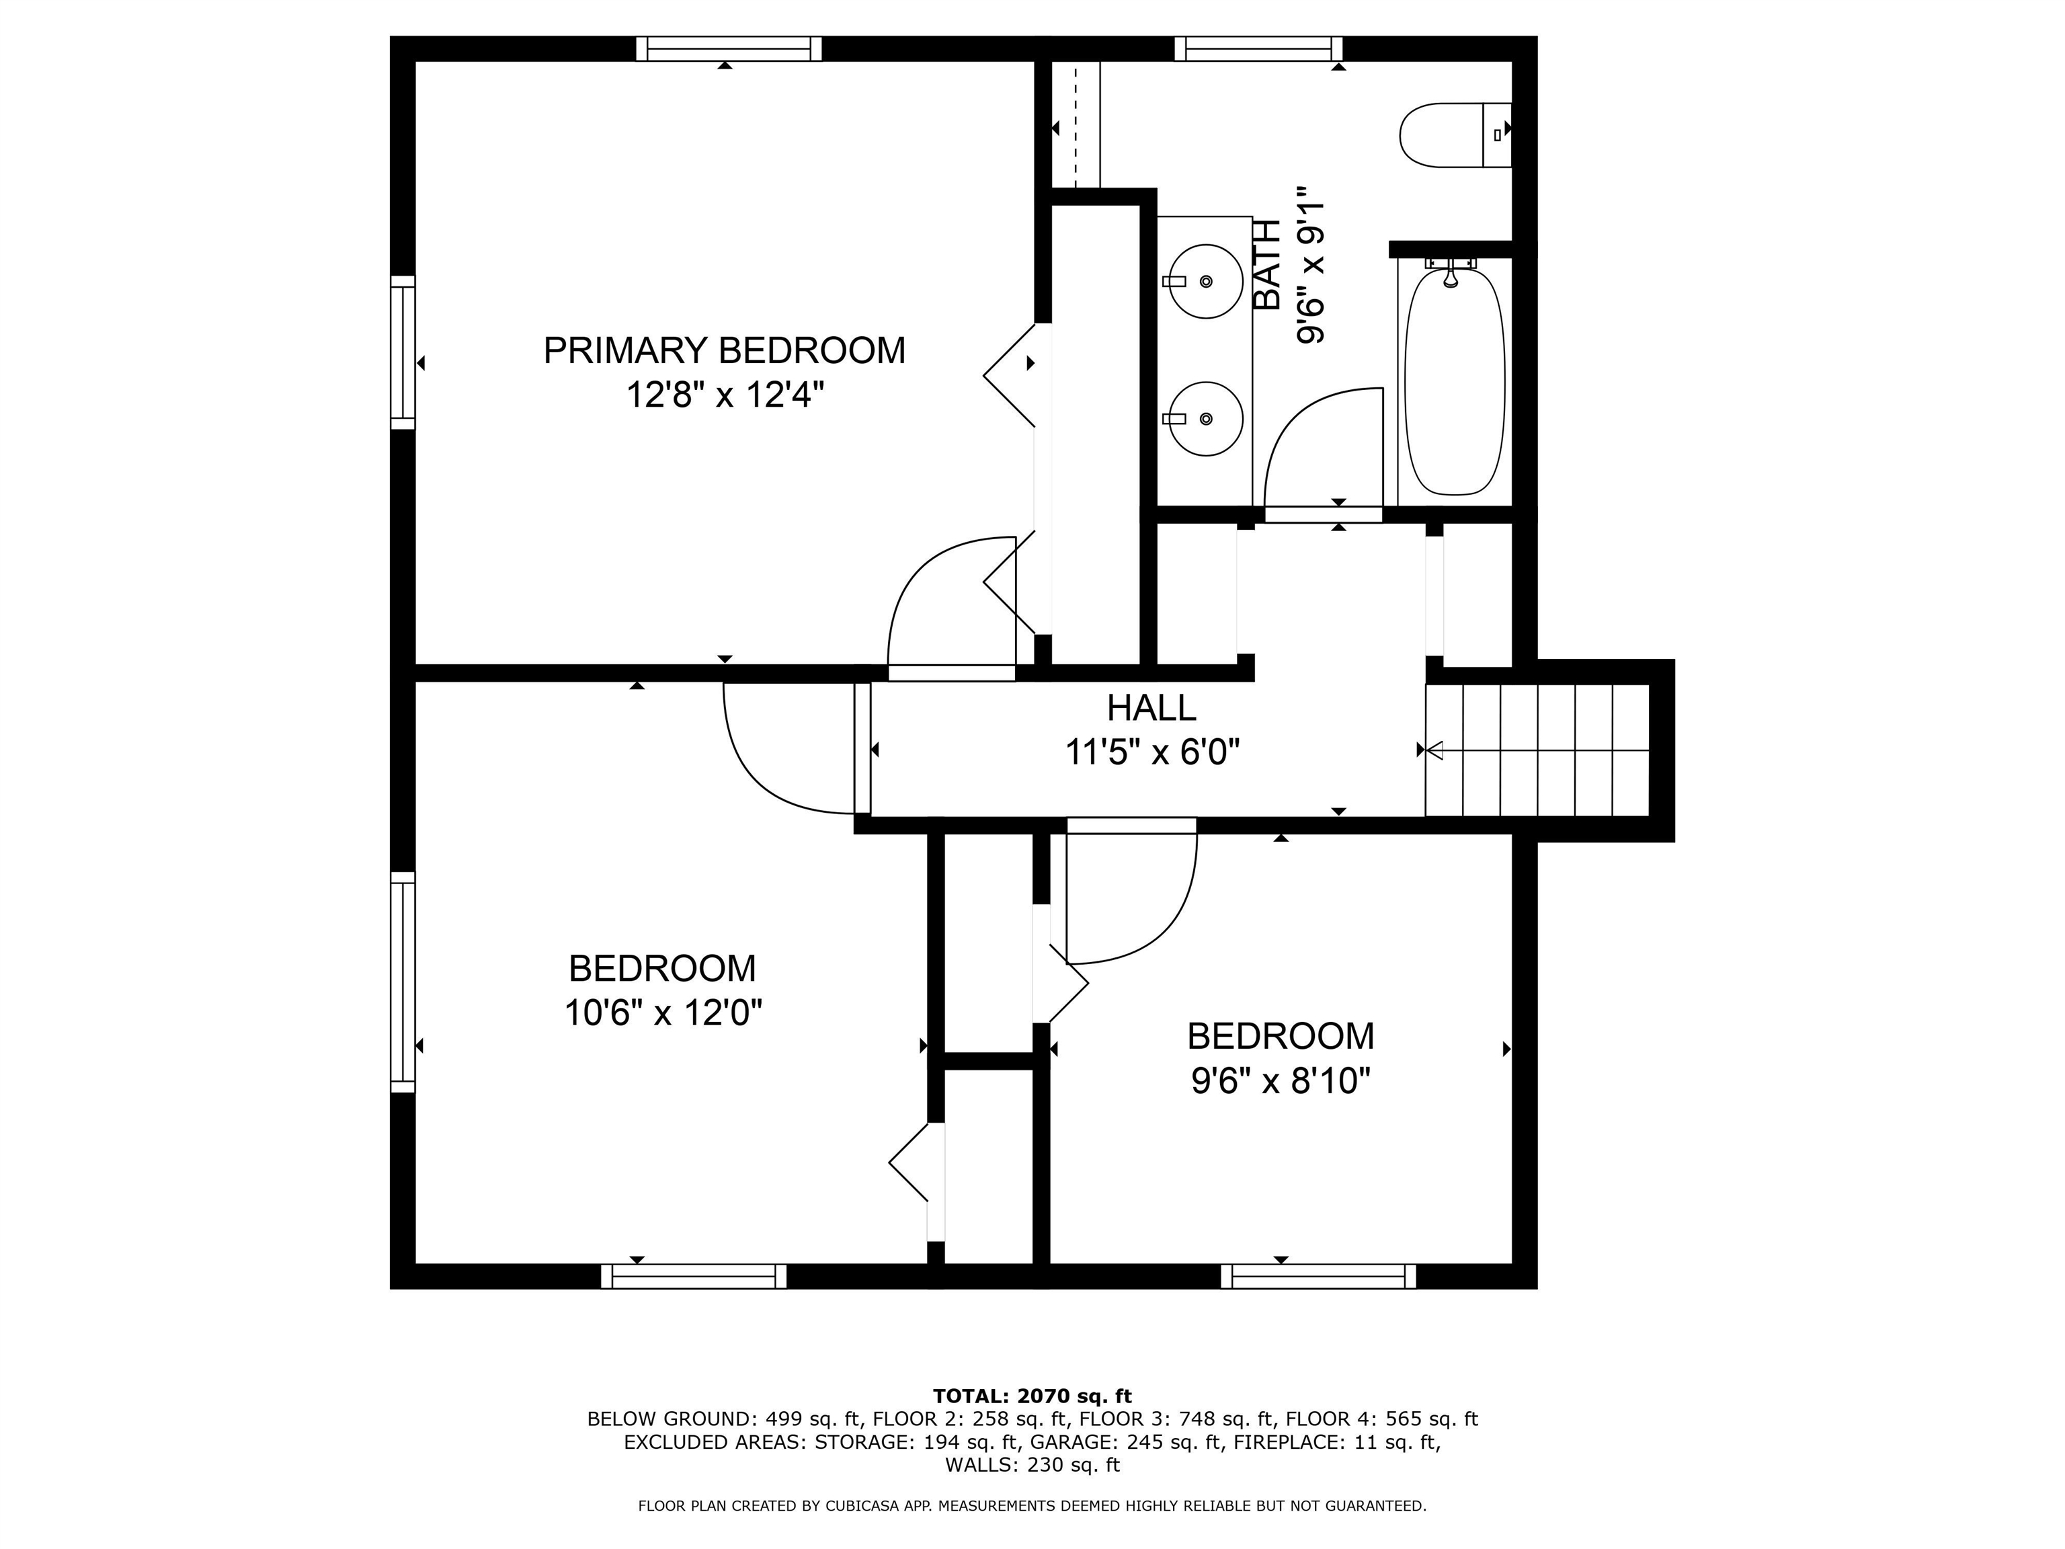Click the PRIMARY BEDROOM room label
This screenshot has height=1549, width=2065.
click(725, 351)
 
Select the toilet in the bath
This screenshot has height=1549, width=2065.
click(1453, 135)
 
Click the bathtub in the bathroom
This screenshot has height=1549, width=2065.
click(1455, 381)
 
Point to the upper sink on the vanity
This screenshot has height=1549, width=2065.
click(1205, 281)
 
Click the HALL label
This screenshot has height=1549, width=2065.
click(1151, 708)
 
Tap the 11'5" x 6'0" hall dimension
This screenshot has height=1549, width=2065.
click(1152, 752)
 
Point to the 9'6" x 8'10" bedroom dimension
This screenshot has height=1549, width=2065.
click(1280, 1080)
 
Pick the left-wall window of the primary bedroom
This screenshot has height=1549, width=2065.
click(403, 352)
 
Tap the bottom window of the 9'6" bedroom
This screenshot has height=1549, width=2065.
click(1318, 1275)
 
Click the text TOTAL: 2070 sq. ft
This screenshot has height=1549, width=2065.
click(1032, 1396)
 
